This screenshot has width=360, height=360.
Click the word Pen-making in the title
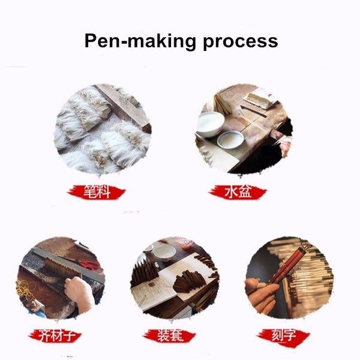140,41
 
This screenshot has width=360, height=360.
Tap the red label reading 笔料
96,192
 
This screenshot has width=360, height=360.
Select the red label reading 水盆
238,192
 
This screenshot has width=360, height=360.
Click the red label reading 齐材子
55,335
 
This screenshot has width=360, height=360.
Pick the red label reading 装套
169,335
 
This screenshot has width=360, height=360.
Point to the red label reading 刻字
283,335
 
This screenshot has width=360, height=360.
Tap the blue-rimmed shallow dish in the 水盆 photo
230,140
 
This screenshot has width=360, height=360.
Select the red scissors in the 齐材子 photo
91,265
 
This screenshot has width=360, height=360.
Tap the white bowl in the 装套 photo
164,253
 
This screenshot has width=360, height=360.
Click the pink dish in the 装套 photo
185,244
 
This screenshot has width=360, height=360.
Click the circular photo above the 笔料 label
103,129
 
